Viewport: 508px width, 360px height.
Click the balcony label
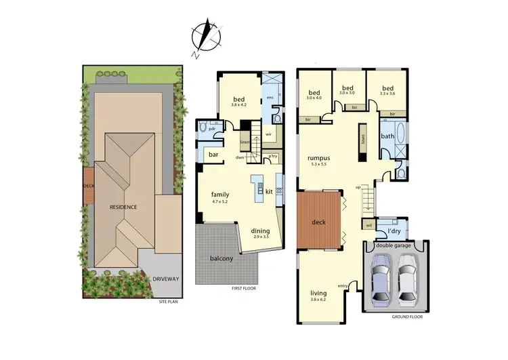[x=221, y=258]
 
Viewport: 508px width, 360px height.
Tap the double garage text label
[x=396, y=246]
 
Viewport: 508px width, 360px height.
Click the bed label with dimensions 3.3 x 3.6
[x=387, y=91]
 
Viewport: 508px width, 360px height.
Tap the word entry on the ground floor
[x=342, y=285]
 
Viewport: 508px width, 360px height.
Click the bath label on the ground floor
[x=387, y=136]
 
